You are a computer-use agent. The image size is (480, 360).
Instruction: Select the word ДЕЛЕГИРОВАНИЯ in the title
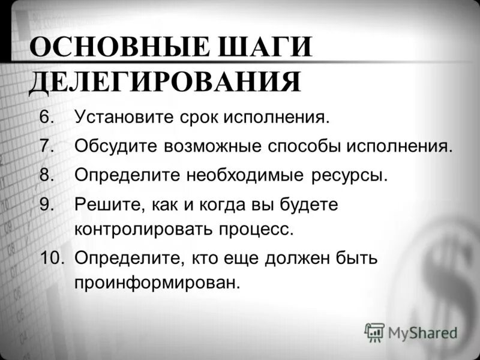(x=164, y=82)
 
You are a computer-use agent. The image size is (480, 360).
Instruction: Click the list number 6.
(x=47, y=116)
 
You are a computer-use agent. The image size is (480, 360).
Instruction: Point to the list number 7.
(x=47, y=146)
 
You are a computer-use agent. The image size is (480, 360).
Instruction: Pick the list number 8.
(x=47, y=175)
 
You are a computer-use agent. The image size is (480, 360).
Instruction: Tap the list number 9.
(x=47, y=205)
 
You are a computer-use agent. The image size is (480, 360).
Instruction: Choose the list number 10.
(x=52, y=258)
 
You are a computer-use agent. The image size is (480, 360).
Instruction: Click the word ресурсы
(x=350, y=175)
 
